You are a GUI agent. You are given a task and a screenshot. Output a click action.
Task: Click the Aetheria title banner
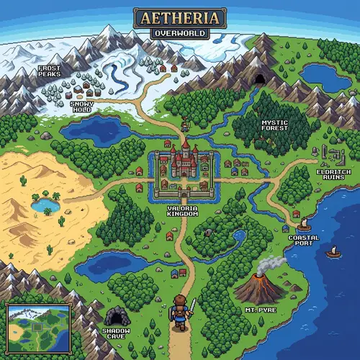click(180, 18)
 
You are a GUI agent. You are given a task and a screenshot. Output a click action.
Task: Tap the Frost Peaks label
click(50, 69)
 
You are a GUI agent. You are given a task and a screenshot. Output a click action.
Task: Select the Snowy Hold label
click(81, 107)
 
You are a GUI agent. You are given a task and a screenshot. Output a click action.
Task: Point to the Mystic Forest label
click(274, 126)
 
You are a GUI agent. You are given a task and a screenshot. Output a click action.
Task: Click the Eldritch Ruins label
click(333, 176)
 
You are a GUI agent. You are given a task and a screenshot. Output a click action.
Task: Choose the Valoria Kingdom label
click(181, 209)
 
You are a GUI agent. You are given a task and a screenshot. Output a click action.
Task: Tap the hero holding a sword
click(181, 312)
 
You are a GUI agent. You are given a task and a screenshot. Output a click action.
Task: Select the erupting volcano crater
click(259, 274)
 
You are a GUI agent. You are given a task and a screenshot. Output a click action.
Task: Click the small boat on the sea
click(333, 251)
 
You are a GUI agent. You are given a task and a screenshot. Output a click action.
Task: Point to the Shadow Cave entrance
click(114, 316)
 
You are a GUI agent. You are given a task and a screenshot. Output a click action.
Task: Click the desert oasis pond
click(45, 205)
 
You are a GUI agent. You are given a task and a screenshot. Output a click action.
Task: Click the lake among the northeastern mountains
click(325, 75)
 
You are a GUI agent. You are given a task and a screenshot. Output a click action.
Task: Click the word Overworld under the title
click(180, 32)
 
